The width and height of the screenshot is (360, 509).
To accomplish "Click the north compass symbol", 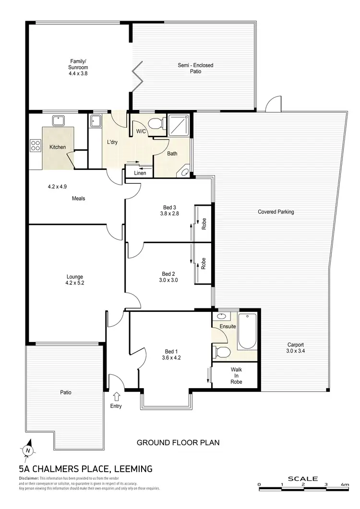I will [x=28, y=450].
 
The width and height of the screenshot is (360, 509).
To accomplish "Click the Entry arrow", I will [x=116, y=397].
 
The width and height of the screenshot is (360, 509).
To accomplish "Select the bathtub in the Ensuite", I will [x=248, y=331].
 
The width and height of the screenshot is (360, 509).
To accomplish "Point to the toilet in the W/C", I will [x=156, y=124].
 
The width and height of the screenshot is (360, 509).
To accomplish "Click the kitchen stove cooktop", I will [x=36, y=145].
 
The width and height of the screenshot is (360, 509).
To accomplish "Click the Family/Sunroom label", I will [x=78, y=68].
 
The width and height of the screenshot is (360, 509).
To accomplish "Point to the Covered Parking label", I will [x=276, y=212].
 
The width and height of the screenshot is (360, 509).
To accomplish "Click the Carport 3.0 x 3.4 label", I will [x=295, y=348].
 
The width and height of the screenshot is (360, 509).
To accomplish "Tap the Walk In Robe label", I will [x=236, y=376].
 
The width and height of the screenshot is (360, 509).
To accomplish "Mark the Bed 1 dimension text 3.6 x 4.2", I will [x=170, y=357].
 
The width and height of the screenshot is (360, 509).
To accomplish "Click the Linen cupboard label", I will [x=140, y=173].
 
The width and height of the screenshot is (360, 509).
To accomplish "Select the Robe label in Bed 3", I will [x=204, y=225].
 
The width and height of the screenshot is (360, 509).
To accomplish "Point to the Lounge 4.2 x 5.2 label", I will [x=75, y=280].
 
